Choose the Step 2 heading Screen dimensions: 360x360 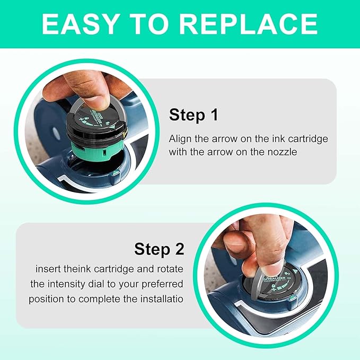pyautogui.click(x=159, y=249)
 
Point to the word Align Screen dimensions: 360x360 pyautogui.click(x=180, y=138)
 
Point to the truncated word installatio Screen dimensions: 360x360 pyautogui.click(x=159, y=298)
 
